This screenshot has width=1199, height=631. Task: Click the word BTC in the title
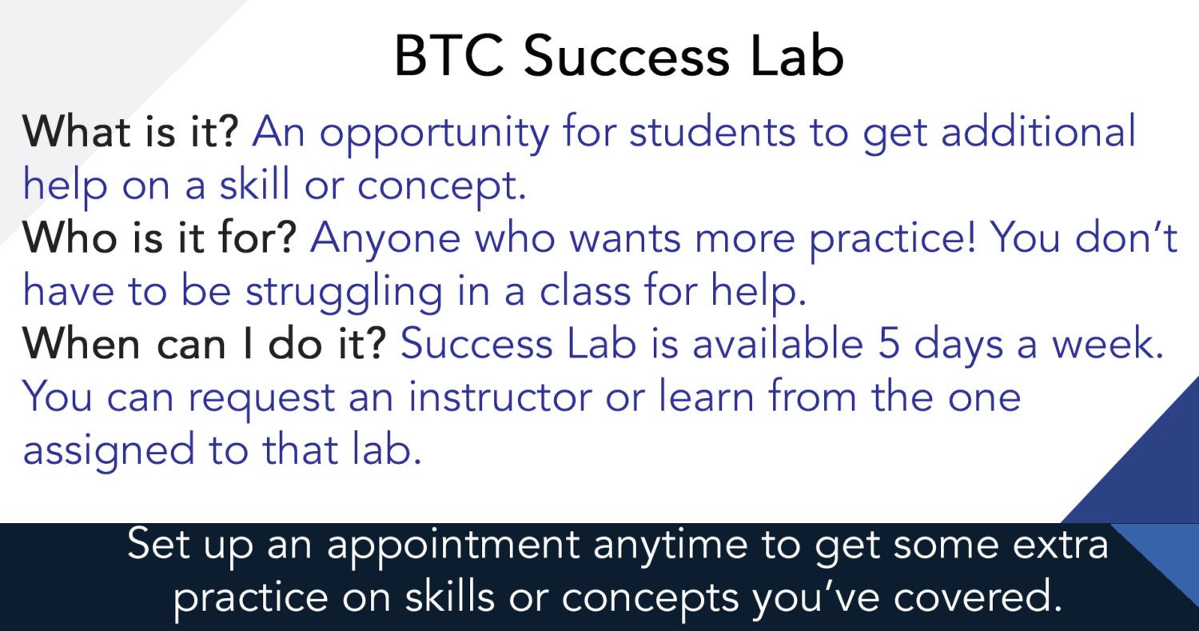(449, 56)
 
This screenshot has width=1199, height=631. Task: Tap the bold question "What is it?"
(130, 131)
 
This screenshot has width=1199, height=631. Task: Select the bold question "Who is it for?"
(160, 238)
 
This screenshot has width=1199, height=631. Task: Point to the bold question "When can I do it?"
(205, 343)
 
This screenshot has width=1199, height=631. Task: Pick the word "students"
(712, 131)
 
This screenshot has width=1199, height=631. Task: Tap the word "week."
(1108, 343)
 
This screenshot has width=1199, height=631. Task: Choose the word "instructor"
(500, 397)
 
